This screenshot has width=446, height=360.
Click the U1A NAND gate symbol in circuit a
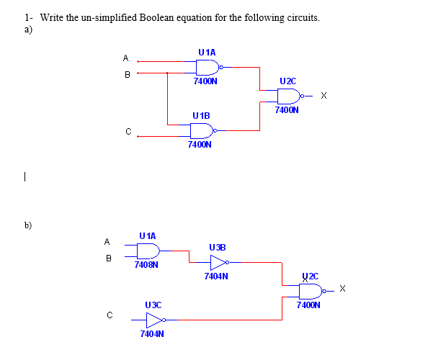click(207, 67)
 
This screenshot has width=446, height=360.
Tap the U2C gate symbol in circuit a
click(288, 96)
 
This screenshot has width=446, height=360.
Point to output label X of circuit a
click(324, 96)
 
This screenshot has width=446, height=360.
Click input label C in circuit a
click(128, 131)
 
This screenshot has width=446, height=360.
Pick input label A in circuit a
click(126, 58)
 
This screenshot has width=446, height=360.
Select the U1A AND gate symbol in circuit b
click(148, 251)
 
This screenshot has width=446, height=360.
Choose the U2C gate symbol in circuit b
click(311, 291)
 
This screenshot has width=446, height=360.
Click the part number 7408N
click(146, 265)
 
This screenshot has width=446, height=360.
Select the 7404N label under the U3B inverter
click(216, 276)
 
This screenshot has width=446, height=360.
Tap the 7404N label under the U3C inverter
click(152, 334)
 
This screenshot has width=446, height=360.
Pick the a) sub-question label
click(27, 29)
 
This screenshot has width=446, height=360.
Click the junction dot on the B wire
click(167, 72)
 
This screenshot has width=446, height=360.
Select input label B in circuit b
click(108, 257)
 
